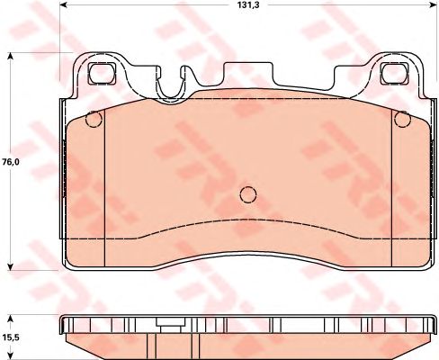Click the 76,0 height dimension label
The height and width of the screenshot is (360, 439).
[11, 162]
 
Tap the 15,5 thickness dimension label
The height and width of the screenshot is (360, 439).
[11, 337]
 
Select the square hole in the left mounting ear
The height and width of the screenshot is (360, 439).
[102, 73]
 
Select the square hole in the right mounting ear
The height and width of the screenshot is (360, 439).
[395, 73]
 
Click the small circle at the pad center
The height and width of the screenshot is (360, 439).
[248, 194]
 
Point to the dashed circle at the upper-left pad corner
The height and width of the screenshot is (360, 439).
[94, 119]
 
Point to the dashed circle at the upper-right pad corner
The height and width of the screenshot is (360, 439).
[402, 119]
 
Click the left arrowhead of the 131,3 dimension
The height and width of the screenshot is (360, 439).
[64, 4]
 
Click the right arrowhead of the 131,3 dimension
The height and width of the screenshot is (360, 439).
[433, 4]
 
